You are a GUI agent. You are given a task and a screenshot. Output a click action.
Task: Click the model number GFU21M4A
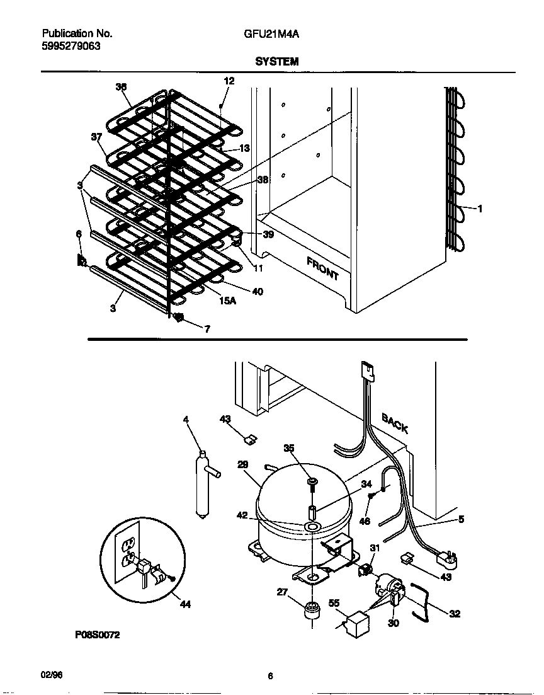pyautogui.click(x=271, y=35)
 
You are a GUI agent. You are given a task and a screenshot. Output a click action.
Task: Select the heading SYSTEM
pyautogui.click(x=276, y=62)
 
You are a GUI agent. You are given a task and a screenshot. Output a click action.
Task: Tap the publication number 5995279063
pyautogui.click(x=71, y=46)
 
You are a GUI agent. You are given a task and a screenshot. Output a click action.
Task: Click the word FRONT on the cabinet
pyautogui.click(x=322, y=268)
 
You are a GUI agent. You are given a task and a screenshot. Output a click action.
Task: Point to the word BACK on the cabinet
pyautogui.click(x=395, y=424)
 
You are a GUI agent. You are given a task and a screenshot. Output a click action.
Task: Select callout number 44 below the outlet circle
pyautogui.click(x=185, y=604)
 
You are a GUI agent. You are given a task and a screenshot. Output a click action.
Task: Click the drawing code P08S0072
pyautogui.click(x=97, y=635)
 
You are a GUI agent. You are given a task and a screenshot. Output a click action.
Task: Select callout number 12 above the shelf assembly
pyautogui.click(x=229, y=81)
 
